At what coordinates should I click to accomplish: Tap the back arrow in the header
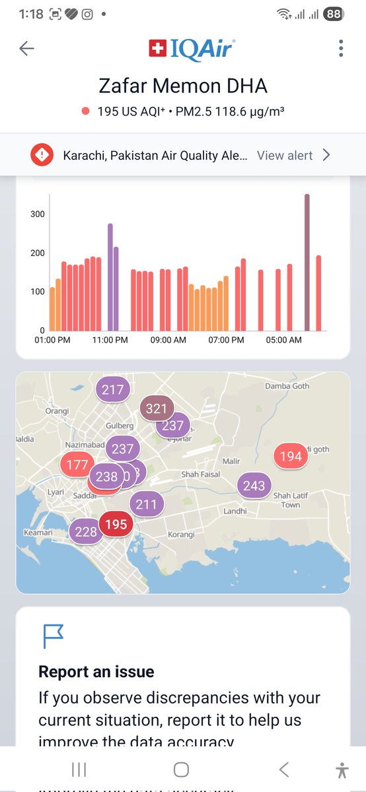26,48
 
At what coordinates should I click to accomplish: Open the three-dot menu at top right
341,48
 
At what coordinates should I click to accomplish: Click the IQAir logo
192,48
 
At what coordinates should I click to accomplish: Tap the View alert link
285,155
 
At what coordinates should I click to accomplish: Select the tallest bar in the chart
307,262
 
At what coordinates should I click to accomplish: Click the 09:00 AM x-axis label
168,340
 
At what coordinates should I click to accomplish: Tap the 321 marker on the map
157,409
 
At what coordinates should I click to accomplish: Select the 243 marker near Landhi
254,486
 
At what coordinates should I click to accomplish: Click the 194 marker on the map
290,456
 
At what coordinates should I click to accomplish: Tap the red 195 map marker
116,524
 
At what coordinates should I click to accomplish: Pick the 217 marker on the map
113,389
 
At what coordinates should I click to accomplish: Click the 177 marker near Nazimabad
77,465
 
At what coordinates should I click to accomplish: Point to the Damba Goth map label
287,386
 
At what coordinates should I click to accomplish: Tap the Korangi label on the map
180,534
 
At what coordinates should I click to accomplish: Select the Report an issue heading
96,672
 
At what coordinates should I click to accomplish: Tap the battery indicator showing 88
334,14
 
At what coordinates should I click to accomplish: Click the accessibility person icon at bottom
341,770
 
